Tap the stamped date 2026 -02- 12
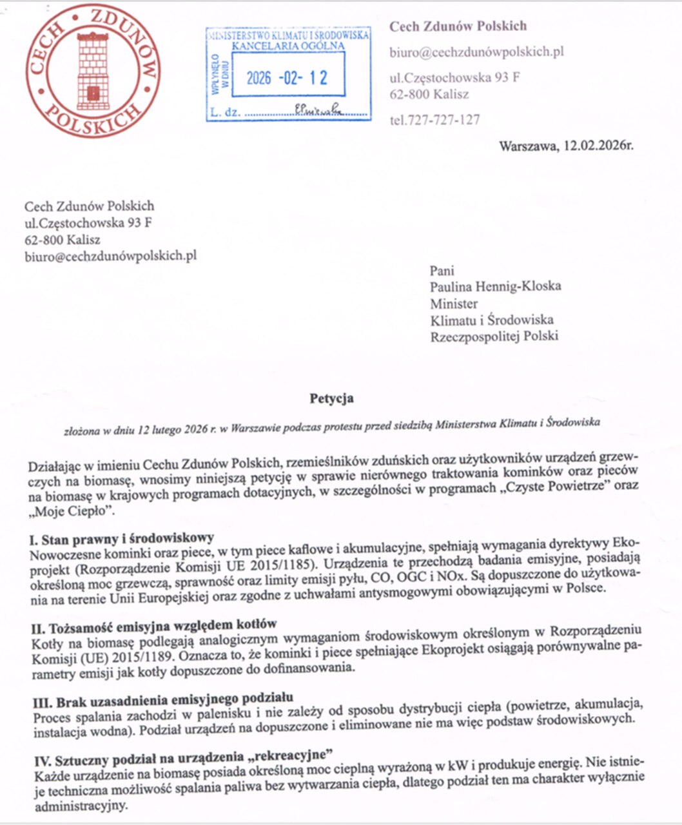[287, 78]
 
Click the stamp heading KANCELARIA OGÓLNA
[288, 46]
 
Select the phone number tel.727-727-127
[434, 120]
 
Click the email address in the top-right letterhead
[476, 52]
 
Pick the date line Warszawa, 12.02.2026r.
[565, 146]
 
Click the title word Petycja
[331, 398]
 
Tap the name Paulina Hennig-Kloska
[495, 286]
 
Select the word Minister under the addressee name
[454, 303]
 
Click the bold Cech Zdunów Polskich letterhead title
[458, 26]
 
